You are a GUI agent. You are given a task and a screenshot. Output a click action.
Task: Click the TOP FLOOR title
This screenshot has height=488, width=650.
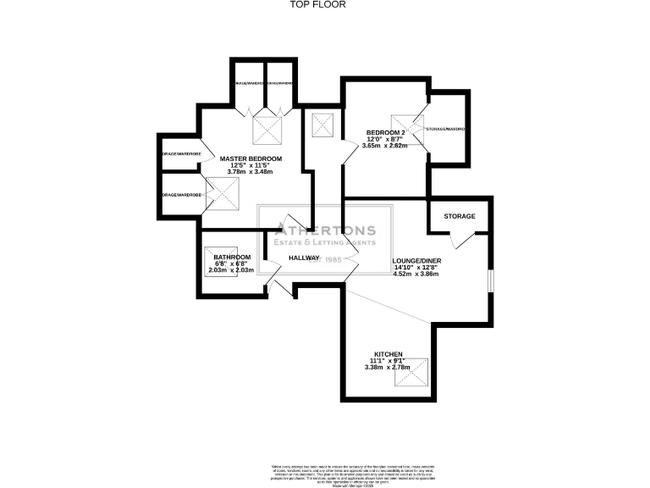(324, 4)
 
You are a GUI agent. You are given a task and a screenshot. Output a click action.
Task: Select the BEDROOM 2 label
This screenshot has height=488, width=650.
(386, 133)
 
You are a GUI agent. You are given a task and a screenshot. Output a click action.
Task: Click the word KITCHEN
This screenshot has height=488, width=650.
(388, 354)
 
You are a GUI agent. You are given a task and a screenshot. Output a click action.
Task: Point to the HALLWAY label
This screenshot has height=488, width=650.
(304, 258)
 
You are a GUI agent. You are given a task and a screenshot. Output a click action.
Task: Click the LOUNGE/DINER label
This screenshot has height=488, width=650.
(416, 261)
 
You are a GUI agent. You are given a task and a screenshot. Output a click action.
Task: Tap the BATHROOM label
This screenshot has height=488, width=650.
(231, 258)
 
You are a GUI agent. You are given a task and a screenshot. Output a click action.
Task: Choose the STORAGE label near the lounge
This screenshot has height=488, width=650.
(460, 216)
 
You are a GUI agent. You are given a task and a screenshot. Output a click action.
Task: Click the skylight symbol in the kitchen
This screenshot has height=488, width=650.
(416, 372)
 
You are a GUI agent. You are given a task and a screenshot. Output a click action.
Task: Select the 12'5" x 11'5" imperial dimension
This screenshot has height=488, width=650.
(251, 165)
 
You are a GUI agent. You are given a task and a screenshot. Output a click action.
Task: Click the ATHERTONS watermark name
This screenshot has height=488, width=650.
(326, 229)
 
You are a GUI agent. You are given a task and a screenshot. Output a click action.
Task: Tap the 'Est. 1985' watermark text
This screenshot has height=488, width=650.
(324, 258)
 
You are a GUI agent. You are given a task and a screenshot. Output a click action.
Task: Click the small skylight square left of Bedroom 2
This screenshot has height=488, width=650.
(323, 126)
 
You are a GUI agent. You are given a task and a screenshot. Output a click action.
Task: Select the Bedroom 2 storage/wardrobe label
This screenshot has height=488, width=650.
(447, 129)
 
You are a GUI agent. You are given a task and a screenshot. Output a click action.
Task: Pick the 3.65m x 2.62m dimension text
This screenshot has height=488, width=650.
(385, 146)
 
